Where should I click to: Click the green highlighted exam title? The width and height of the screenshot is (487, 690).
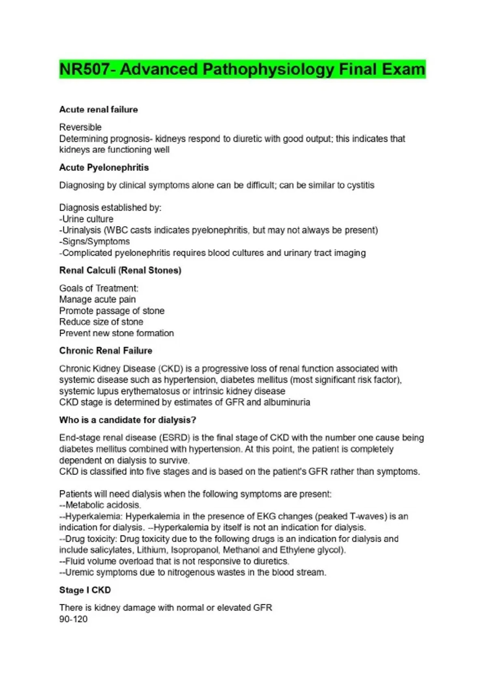coord(242,69)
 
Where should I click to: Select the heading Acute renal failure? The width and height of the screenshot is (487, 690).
coord(99,110)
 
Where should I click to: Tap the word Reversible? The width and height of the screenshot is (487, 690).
coord(80,127)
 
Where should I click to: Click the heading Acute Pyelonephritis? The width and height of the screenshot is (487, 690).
coord(104,168)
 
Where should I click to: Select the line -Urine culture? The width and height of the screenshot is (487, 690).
coord(86,219)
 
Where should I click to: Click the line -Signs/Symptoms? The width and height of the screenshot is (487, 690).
coord(95,241)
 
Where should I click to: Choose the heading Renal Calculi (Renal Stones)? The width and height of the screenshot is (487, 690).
coord(120,270)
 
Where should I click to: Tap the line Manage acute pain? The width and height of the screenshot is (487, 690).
coord(97,300)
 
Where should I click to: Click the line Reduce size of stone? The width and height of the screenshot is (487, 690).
coord(101,322)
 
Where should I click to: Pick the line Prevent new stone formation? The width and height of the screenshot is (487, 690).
coord(116,333)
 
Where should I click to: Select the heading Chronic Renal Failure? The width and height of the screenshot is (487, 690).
coord(106,351)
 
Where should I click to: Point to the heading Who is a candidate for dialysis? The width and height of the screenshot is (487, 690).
coord(127,420)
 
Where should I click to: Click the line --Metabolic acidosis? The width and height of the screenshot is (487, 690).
coord(100,505)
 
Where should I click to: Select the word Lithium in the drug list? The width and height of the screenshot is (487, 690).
coord(152,550)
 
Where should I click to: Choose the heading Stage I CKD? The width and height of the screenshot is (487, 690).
coord(85,590)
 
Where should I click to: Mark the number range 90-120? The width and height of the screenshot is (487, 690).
coord(73,619)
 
